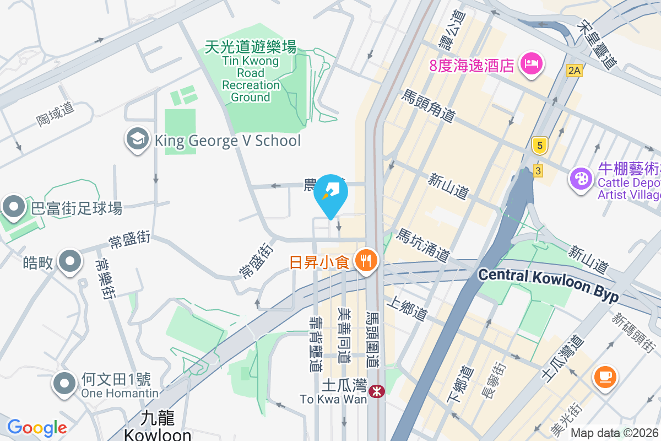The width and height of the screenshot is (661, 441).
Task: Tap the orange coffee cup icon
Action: (605, 377)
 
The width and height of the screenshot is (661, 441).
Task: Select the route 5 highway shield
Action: (540, 146)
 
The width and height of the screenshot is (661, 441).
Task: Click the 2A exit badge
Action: (574, 70)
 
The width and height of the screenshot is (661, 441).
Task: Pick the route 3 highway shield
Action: (538, 170)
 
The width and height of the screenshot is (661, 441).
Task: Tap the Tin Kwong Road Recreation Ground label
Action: (251, 72)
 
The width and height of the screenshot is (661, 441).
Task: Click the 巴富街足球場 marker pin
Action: (14, 207)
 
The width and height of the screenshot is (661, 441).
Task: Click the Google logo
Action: (37, 428)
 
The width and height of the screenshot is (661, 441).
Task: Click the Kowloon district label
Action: (158, 427)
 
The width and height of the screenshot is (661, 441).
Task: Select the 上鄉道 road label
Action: (407, 309)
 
